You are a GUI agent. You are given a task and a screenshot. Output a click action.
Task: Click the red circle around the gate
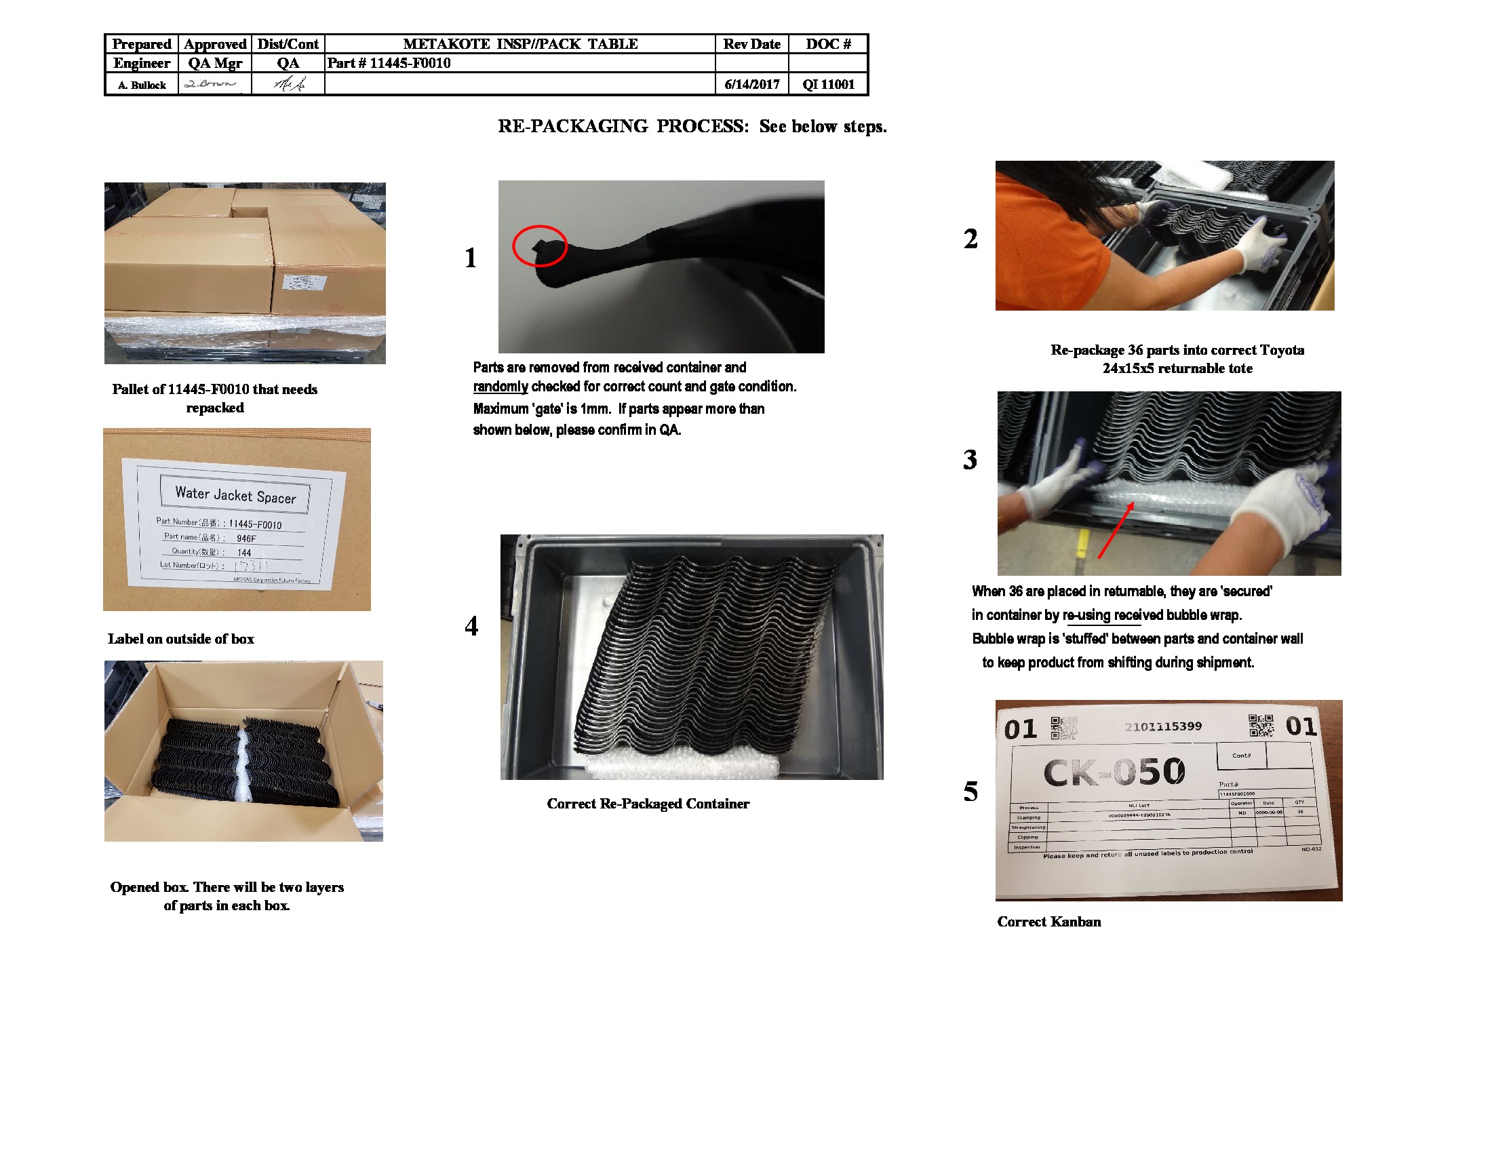pyautogui.click(x=540, y=246)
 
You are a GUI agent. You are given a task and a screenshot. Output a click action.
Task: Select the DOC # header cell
pyautogui.click(x=828, y=43)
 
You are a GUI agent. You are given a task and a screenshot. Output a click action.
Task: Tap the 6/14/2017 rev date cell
pyautogui.click(x=751, y=84)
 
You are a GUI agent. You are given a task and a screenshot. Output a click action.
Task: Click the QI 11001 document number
pyautogui.click(x=828, y=84)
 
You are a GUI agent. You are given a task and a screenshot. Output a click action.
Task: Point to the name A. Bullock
pyautogui.click(x=142, y=85)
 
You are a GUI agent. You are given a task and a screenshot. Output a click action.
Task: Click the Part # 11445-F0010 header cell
pyautogui.click(x=389, y=63)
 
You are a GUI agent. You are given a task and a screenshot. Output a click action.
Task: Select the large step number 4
pyautogui.click(x=471, y=626)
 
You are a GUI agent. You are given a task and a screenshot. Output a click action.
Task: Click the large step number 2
pyautogui.click(x=970, y=238)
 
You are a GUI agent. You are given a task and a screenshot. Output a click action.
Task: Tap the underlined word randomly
pyautogui.click(x=500, y=387)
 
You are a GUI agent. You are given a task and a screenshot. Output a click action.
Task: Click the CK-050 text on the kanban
pyautogui.click(x=1114, y=772)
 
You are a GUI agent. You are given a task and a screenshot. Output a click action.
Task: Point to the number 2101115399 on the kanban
pyautogui.click(x=1162, y=726)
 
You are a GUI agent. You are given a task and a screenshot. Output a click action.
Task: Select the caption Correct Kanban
pyautogui.click(x=1048, y=922)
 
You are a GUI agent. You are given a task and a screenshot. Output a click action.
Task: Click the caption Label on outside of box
pyautogui.click(x=180, y=639)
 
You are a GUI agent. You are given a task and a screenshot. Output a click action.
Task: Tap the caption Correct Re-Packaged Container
pyautogui.click(x=648, y=803)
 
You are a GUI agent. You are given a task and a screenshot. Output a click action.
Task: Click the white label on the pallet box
pyautogui.click(x=304, y=283)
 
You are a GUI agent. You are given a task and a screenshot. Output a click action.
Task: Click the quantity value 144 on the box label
pyautogui.click(x=244, y=553)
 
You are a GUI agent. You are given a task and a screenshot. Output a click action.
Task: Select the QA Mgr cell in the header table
pyautogui.click(x=214, y=63)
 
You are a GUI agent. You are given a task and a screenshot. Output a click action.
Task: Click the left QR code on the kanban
pyautogui.click(x=1063, y=728)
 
